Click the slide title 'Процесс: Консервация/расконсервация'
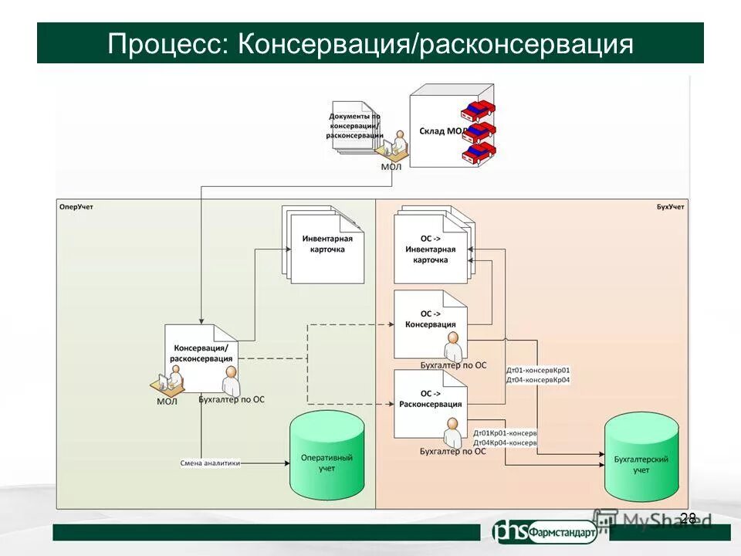point(370,43)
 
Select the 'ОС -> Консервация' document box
point(429,320)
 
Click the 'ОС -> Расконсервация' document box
point(429,399)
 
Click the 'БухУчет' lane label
point(670,207)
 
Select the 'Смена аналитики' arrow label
point(210,463)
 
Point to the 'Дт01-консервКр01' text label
point(538,370)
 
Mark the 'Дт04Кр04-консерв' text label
point(505,442)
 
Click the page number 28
point(689,518)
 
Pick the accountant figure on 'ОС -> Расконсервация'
point(453,429)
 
